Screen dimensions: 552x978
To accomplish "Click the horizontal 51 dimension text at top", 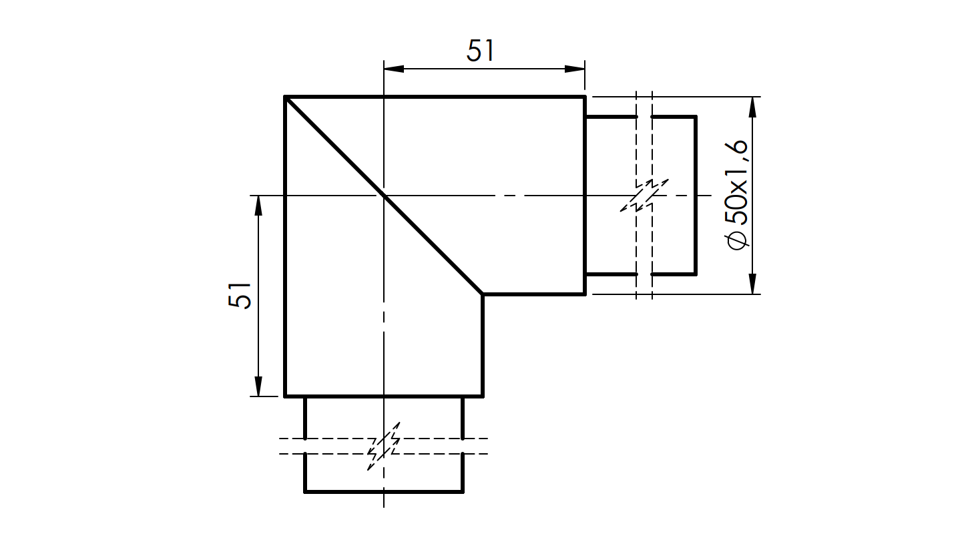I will click(480, 51).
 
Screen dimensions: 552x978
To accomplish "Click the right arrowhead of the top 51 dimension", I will click(575, 68).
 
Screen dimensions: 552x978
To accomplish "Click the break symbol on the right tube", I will click(644, 195).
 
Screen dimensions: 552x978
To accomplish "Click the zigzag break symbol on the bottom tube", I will click(384, 446).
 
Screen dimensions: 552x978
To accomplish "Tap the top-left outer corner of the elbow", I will click(286, 97).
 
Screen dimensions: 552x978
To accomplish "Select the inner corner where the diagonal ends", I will click(482, 294).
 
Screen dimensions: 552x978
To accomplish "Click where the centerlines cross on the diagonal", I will click(384, 196).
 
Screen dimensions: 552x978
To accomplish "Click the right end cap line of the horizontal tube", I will click(696, 195).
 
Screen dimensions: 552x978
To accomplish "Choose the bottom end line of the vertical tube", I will click(384, 492).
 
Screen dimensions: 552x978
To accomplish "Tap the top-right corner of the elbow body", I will click(585, 97).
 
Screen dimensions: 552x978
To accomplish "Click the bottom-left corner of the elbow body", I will click(286, 396).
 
